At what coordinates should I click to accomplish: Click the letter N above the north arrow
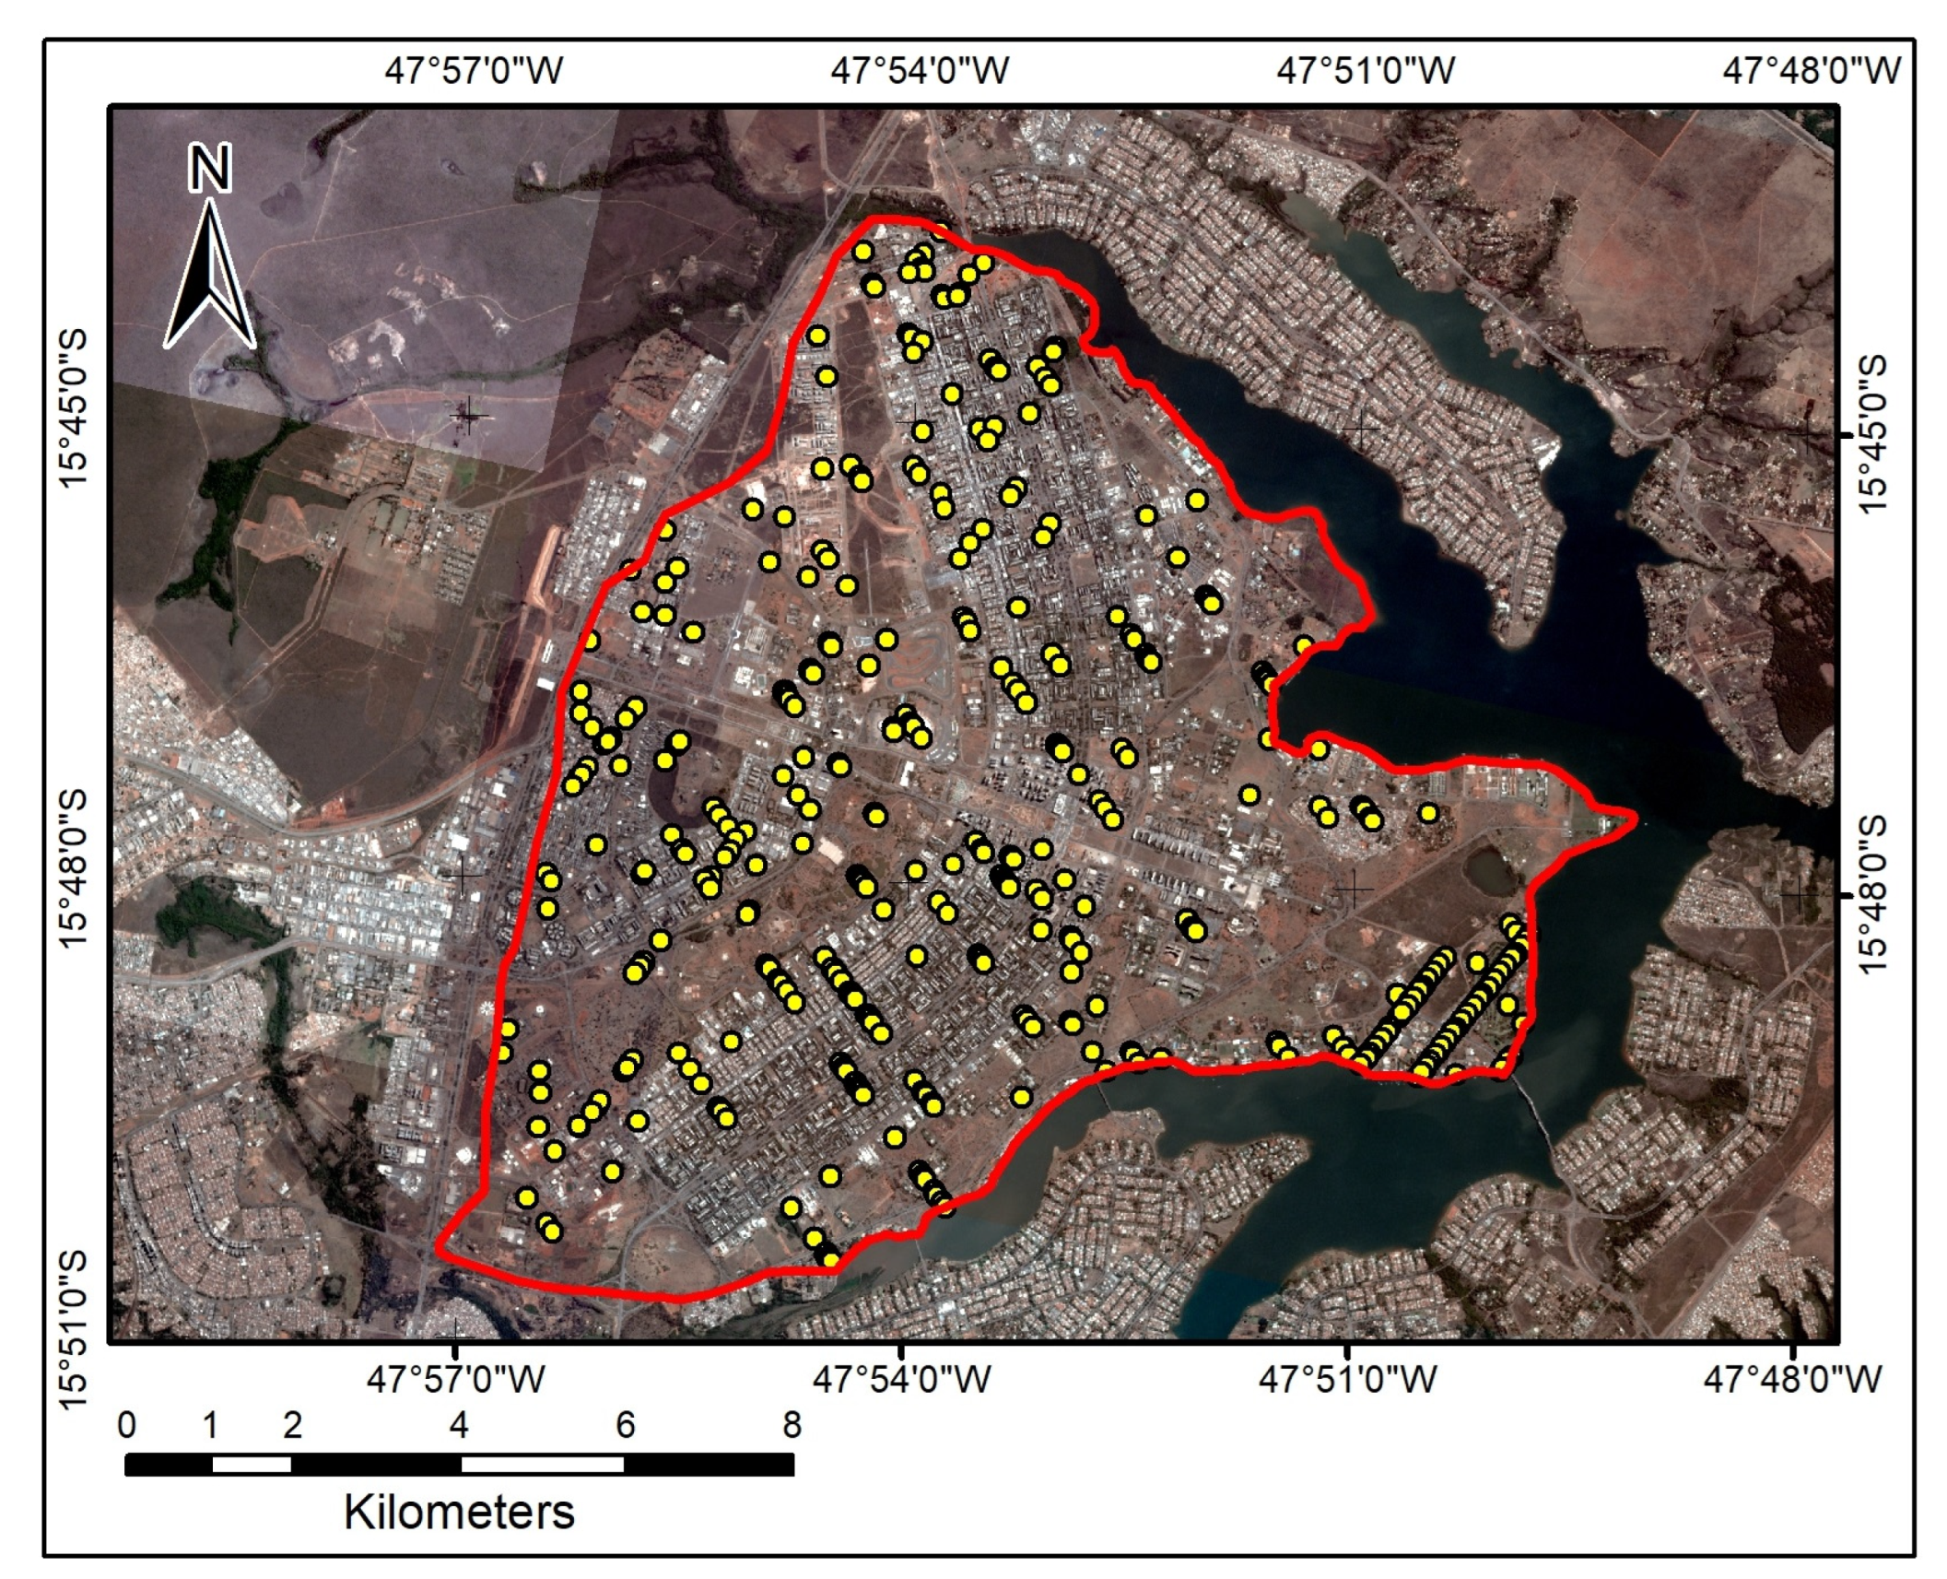click(209, 169)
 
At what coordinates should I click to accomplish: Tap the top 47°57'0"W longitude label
click(474, 71)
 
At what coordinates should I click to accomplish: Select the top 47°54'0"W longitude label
click(920, 71)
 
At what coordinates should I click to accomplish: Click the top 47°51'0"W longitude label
click(1366, 71)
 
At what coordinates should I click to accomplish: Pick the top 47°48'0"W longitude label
click(1812, 71)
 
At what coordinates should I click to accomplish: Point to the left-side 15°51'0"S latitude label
click(73, 1328)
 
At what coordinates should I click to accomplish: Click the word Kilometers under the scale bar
click(459, 1513)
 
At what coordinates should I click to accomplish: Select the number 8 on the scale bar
click(792, 1425)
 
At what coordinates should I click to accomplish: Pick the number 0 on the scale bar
click(127, 1425)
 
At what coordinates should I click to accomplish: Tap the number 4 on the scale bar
click(459, 1425)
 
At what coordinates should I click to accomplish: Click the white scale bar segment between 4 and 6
click(542, 1464)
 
